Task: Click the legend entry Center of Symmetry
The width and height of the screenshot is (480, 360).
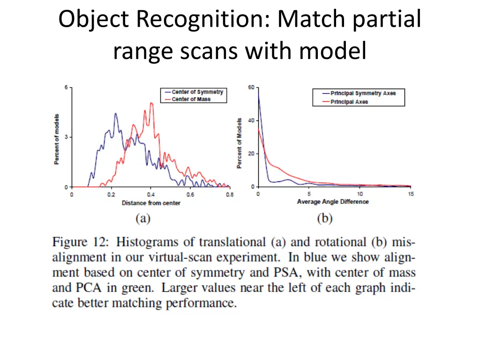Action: tap(197, 92)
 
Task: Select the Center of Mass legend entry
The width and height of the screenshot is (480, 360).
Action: tap(191, 99)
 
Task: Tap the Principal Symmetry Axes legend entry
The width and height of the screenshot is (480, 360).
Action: tap(362, 93)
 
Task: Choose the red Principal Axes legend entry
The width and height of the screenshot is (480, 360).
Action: tap(349, 102)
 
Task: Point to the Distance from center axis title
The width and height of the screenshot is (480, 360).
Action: tap(151, 203)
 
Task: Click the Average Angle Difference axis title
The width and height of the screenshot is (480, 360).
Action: tap(333, 202)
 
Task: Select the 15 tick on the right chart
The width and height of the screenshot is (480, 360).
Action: tap(411, 194)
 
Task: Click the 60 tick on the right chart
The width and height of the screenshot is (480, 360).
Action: tap(251, 87)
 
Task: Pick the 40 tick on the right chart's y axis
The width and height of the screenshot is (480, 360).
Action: tap(251, 120)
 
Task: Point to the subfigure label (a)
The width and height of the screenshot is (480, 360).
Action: tap(142, 218)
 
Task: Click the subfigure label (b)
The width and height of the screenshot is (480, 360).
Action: tap(324, 218)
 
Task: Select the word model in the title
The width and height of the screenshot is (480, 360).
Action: tap(333, 51)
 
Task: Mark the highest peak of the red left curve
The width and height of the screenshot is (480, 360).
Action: tap(151, 103)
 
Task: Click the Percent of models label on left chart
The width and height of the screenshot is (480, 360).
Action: tap(57, 139)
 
